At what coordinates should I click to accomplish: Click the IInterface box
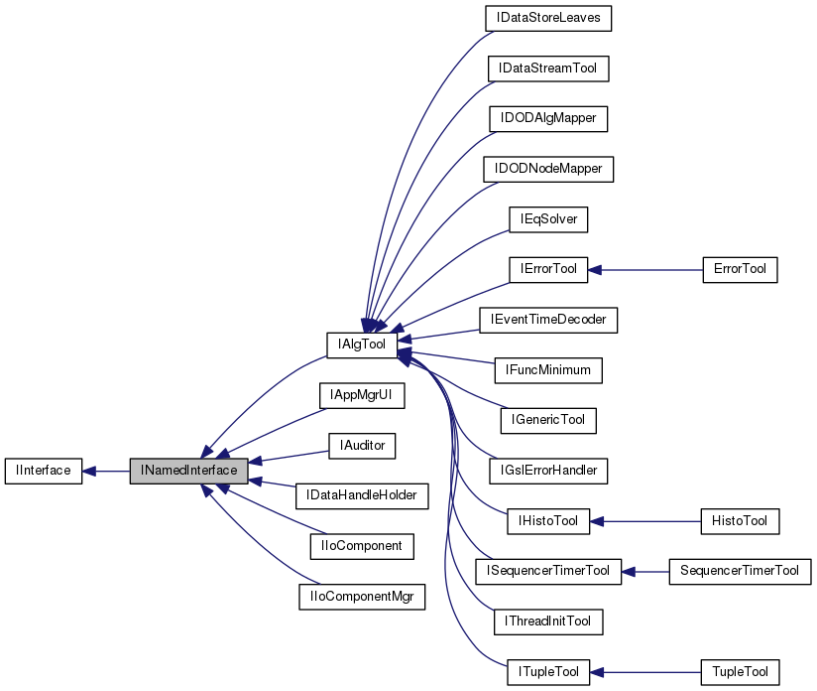43,471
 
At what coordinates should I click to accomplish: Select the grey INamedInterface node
188,471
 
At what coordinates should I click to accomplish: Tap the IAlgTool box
361,344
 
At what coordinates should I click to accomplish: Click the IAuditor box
362,446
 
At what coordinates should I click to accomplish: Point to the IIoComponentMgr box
362,597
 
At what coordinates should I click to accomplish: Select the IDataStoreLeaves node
548,18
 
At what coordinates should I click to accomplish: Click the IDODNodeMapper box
548,169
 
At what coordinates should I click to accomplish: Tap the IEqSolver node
548,218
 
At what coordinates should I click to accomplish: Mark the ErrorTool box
739,269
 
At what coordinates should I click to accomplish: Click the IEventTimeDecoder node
548,320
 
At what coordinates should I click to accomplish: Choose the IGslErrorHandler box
548,471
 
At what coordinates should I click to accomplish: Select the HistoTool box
739,520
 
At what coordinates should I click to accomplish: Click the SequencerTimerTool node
740,571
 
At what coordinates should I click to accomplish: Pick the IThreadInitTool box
548,622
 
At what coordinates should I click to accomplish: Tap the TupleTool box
739,672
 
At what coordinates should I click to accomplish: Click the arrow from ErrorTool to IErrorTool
644,269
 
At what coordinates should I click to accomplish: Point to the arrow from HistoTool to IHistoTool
644,520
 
